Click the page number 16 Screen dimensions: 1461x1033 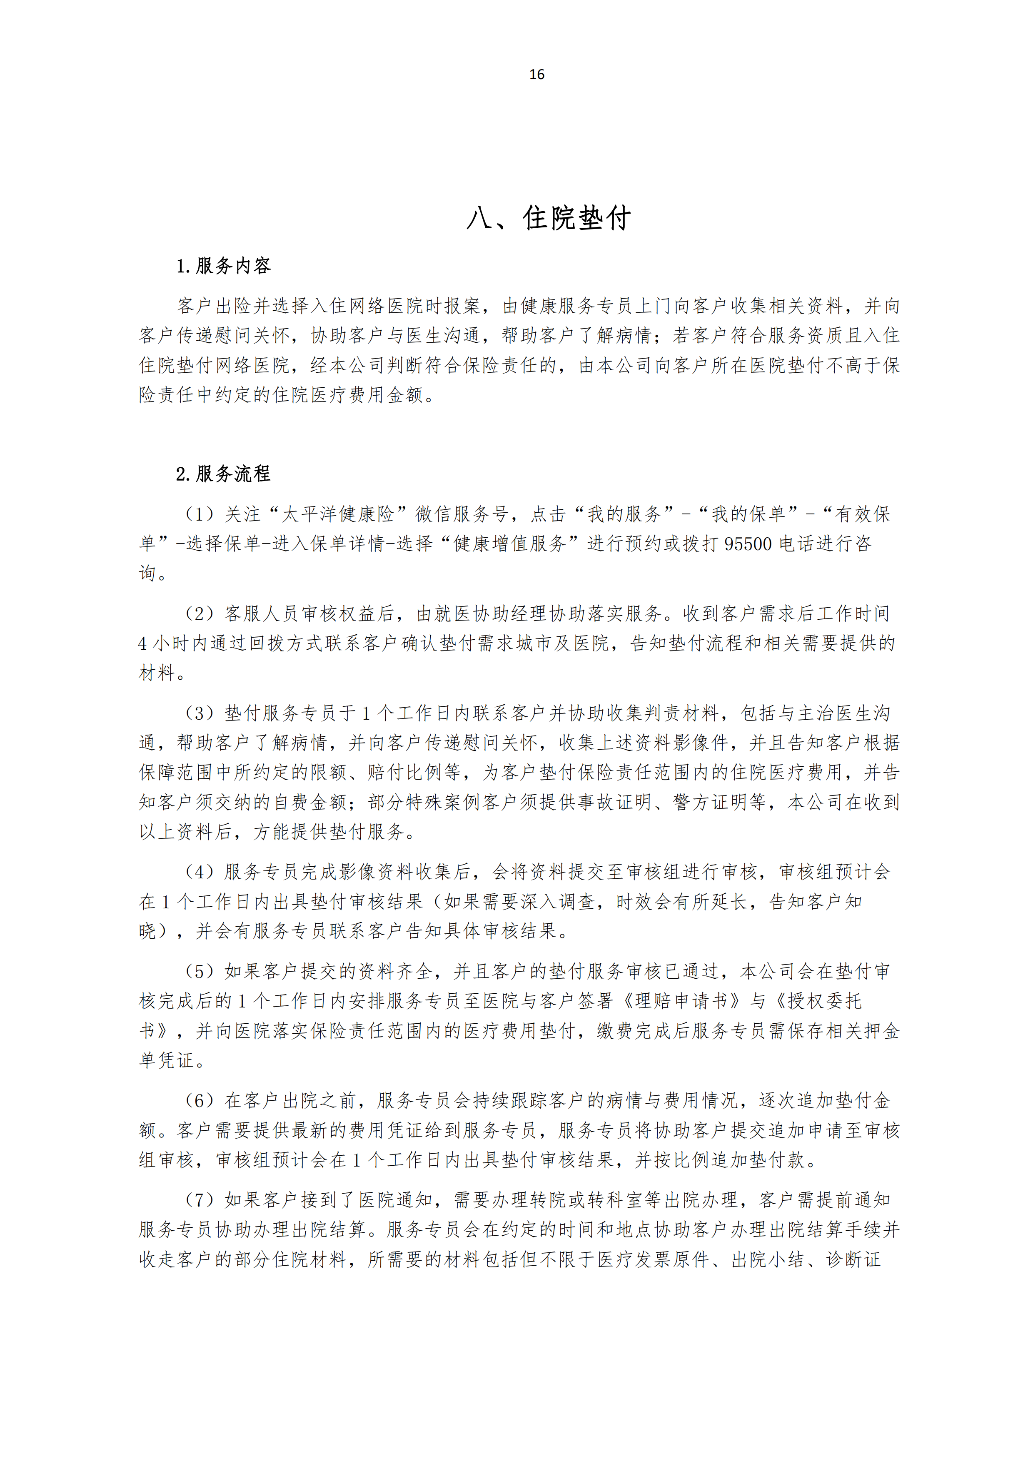coord(536,75)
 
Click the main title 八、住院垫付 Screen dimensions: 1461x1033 coord(548,218)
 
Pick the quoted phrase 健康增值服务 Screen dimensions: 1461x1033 coord(509,544)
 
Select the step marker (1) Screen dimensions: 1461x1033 coord(199,514)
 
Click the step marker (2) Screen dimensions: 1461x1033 coord(199,613)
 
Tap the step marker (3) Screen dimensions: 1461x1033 coord(199,713)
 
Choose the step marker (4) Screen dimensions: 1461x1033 coord(199,872)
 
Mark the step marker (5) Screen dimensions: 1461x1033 coord(199,972)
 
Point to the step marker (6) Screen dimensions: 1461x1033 coord(199,1100)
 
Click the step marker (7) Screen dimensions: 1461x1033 coord(199,1200)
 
